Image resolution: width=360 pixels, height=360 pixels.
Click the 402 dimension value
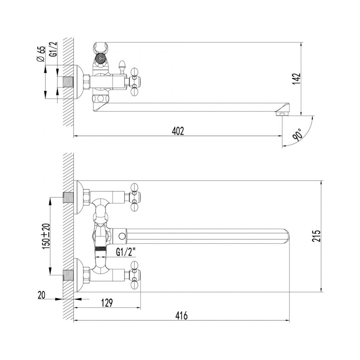coord(178,131)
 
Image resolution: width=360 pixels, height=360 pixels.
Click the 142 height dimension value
coord(296,79)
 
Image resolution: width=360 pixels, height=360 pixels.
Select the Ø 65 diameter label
coord(41,54)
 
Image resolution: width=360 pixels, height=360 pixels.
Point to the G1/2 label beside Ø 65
coord(53,49)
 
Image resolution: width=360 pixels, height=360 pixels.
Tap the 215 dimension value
coord(316,236)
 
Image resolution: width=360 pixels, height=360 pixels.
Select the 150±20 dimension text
coord(46,236)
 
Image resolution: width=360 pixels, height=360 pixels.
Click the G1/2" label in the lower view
coord(125,253)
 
